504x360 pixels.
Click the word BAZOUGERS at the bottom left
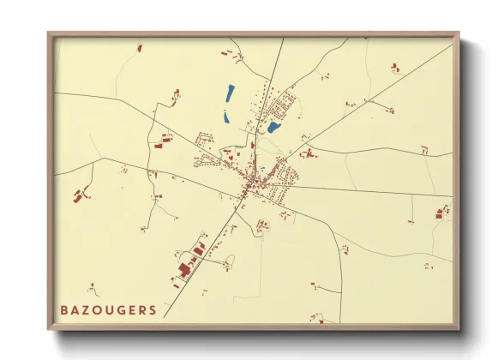108,309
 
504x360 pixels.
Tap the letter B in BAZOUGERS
63,309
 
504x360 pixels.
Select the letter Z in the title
86,309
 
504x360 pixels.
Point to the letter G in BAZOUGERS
120,309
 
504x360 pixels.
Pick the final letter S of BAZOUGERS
153,309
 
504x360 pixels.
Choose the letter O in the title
97,309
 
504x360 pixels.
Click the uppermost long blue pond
230,92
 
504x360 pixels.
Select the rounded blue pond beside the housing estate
273,128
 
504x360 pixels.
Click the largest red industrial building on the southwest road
183,270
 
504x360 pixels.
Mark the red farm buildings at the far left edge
81,195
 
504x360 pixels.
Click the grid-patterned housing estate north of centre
281,106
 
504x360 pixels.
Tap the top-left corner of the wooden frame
49,34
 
